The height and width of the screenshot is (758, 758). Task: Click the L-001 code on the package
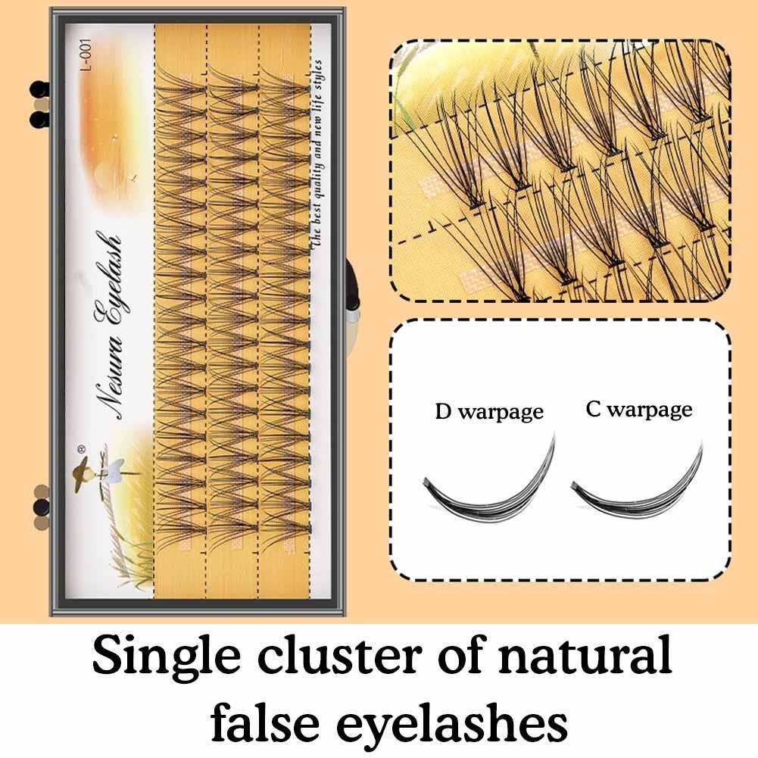click(x=86, y=55)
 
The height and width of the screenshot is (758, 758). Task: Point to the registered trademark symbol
click(x=82, y=449)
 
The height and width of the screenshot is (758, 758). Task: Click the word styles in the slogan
click(x=317, y=74)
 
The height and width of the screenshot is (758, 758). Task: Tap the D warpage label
click(x=489, y=412)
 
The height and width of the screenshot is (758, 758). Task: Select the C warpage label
click(x=639, y=410)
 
